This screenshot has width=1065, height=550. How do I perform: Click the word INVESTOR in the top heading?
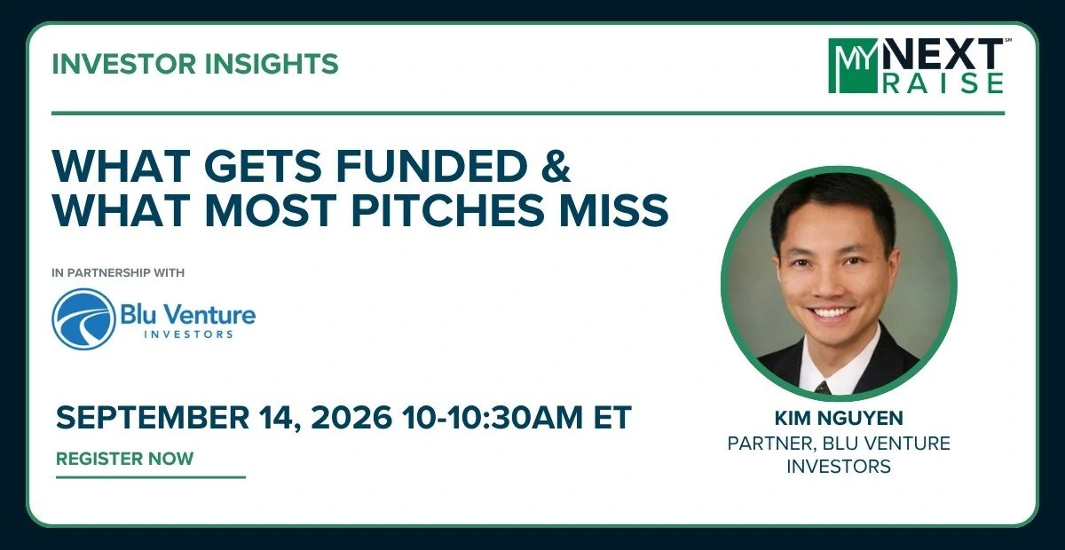point(123,64)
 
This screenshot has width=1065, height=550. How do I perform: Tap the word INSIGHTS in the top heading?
point(271,64)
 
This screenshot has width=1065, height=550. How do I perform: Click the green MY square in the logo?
point(853,66)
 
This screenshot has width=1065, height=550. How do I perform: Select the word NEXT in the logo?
point(943,54)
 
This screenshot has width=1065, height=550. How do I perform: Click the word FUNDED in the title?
point(433,166)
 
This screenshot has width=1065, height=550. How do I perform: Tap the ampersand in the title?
point(556,166)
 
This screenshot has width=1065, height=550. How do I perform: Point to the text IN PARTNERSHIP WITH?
point(118,273)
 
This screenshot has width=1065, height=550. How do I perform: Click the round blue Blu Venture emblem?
point(83,319)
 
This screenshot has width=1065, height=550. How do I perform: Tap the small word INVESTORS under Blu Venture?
point(188,334)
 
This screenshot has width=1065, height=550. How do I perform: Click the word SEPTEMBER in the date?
point(153,418)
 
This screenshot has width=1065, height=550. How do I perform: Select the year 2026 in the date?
point(351,418)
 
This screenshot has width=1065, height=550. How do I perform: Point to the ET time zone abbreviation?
point(612,418)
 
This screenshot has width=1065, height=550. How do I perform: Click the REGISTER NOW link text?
point(124,459)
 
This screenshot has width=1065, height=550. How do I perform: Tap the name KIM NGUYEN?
point(839,419)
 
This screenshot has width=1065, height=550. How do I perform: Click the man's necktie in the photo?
point(823,388)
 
